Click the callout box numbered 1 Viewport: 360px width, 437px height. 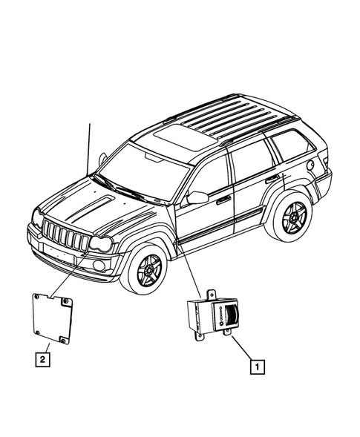[x=255, y=366]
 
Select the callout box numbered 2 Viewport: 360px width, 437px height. [x=46, y=360]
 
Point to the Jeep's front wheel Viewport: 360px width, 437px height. [x=150, y=269]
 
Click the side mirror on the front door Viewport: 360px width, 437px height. [x=197, y=197]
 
